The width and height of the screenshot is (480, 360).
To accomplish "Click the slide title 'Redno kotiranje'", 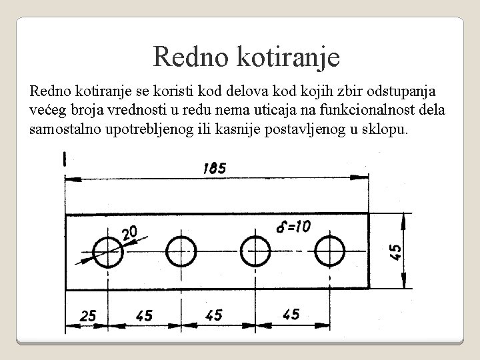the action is pos(247,57).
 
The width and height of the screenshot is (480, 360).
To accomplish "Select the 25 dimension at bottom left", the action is pos(88,315).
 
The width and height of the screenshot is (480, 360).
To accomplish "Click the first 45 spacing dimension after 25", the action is pos(144,315).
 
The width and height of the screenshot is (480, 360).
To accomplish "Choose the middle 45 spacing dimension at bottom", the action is pos(214,315).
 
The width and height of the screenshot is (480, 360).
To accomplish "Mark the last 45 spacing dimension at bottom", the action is pos(291,314).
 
